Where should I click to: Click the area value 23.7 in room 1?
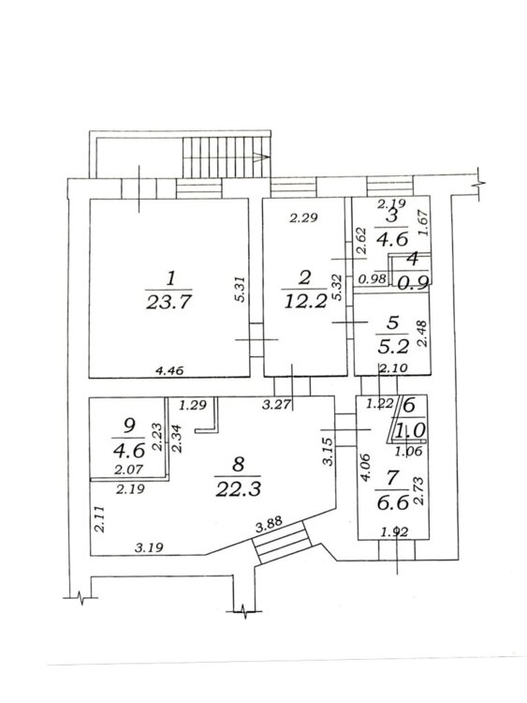pos(168,302)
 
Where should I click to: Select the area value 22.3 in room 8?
pos(238,489)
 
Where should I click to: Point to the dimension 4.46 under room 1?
pos(168,370)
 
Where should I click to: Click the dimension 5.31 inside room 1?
pos(241,290)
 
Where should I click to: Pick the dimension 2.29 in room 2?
pos(303,218)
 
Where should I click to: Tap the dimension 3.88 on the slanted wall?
pos(269,526)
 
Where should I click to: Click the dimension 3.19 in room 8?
pos(149,547)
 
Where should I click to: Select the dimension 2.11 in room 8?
pos(99,518)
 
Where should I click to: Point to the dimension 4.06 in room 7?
pos(366,467)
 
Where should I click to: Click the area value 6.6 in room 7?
pos(392,502)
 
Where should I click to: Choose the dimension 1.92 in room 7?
pos(394,532)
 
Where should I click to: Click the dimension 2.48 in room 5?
pos(421,333)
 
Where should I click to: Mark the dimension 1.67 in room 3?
pos(425,223)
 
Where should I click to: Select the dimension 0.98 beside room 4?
pos(372,279)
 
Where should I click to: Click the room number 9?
pos(128,426)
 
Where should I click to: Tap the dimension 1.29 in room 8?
pos(193,405)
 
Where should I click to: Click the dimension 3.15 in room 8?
pos(329,452)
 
